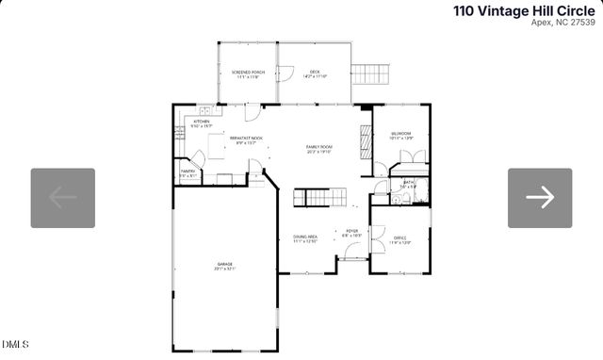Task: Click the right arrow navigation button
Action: point(540,198)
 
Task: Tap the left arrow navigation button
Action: point(63,198)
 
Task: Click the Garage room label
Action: point(224,266)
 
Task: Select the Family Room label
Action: point(319,149)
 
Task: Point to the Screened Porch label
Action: point(248,74)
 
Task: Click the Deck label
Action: point(315,74)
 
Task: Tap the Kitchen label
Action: point(202,123)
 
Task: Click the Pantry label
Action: point(187,173)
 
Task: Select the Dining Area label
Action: point(304,239)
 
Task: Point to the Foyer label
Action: point(351,232)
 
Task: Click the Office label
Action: point(400,239)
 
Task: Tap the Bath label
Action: point(408,185)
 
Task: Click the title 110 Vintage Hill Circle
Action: point(524,10)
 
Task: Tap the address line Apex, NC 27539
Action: point(562,24)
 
